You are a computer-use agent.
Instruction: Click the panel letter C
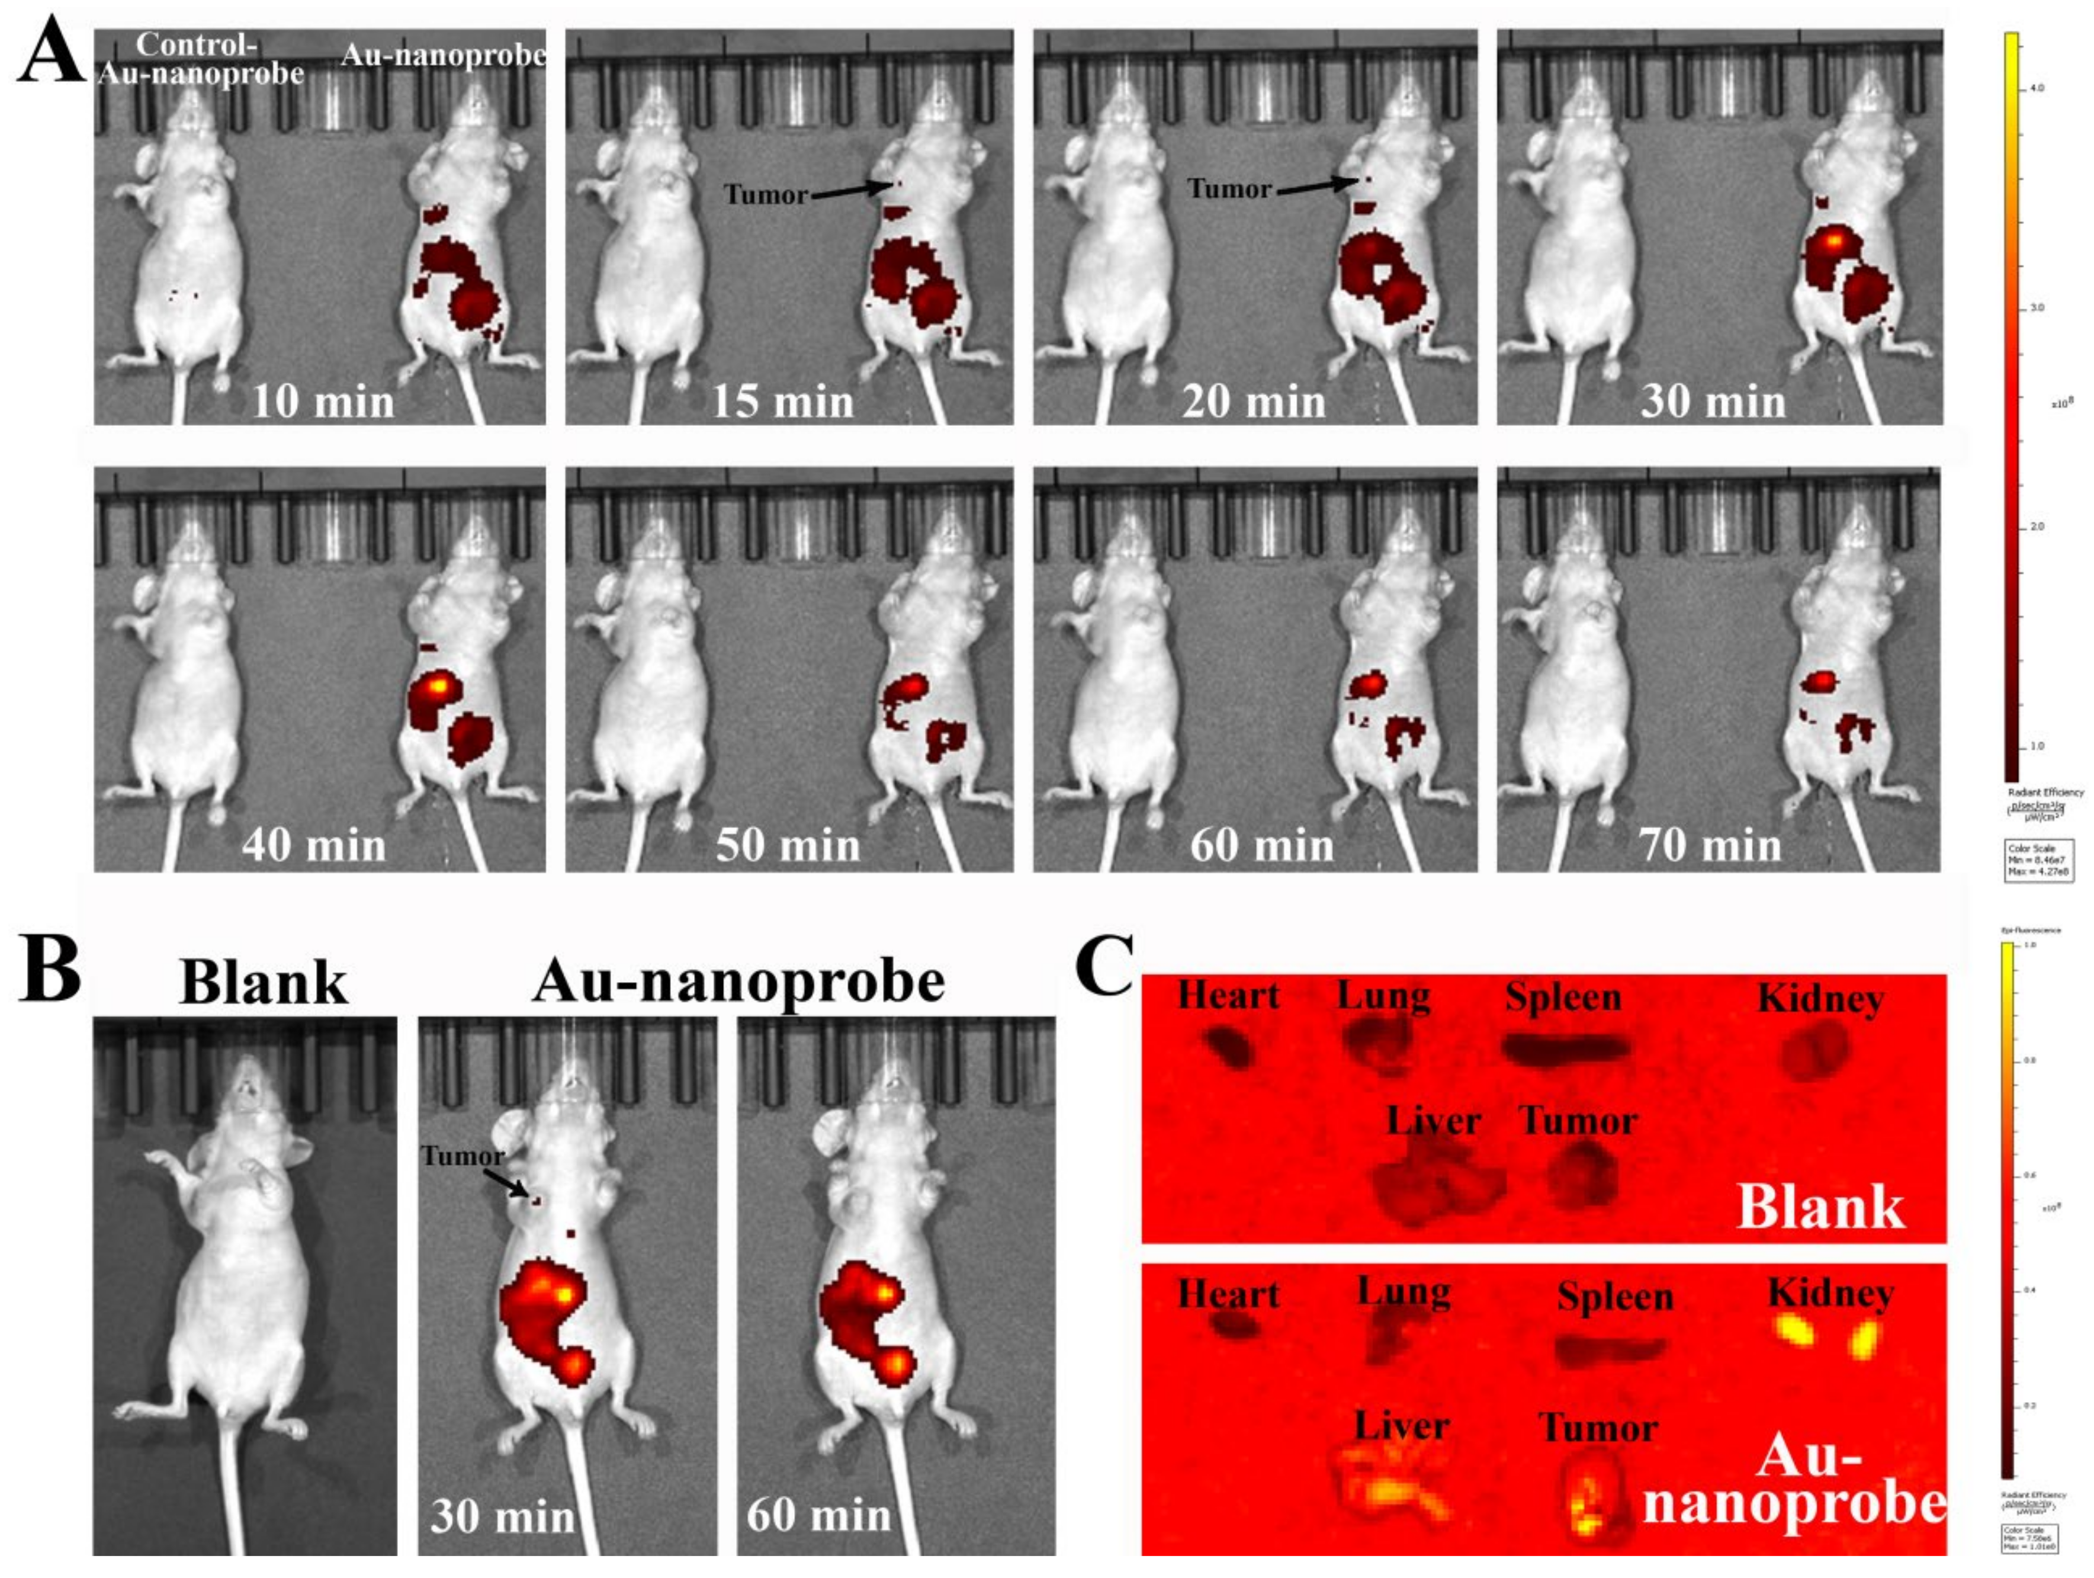[1105, 966]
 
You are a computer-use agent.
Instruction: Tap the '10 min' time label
[322, 402]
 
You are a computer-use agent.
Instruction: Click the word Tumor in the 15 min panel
[766, 195]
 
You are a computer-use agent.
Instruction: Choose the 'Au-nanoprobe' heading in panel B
[738, 981]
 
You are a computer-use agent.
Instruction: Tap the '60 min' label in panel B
[818, 1516]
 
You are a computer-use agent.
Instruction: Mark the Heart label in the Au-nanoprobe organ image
[1228, 1294]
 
